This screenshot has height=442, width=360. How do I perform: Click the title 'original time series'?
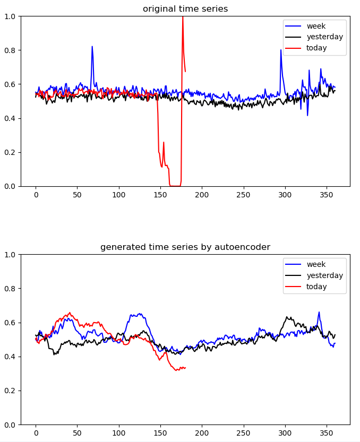tap(185, 8)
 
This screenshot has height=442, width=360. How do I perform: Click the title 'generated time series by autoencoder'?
tap(185, 247)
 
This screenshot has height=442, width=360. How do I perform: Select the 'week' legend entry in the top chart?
tap(315, 26)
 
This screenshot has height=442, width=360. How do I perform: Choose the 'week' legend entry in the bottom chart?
tap(315, 264)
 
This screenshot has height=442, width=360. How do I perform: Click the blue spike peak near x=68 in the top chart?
tap(92, 46)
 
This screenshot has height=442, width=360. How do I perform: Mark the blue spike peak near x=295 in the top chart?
tap(281, 50)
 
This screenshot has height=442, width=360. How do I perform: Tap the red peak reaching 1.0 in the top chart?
tap(183, 17)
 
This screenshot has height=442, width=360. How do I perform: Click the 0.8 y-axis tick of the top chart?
tap(11, 50)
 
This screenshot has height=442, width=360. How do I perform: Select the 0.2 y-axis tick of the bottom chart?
tap(11, 391)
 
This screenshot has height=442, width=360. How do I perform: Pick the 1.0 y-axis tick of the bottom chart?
tap(11, 255)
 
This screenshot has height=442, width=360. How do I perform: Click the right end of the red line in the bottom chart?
tap(185, 367)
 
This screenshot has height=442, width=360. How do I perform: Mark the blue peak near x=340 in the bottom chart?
tap(319, 312)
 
